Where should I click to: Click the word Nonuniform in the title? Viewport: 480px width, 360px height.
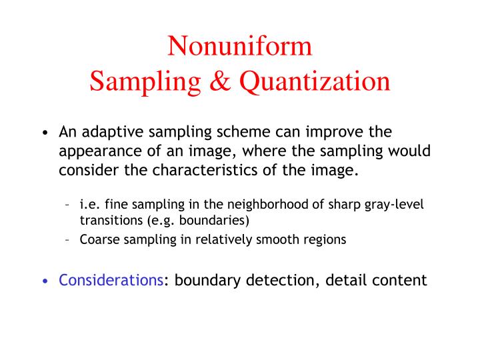[x=239, y=46]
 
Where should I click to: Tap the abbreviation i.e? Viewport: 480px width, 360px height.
[x=91, y=205]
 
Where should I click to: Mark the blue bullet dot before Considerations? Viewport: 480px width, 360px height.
[x=45, y=281]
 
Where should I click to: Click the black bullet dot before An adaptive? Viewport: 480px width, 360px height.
[x=45, y=133]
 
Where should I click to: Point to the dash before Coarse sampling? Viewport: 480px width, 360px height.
[x=70, y=240]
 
